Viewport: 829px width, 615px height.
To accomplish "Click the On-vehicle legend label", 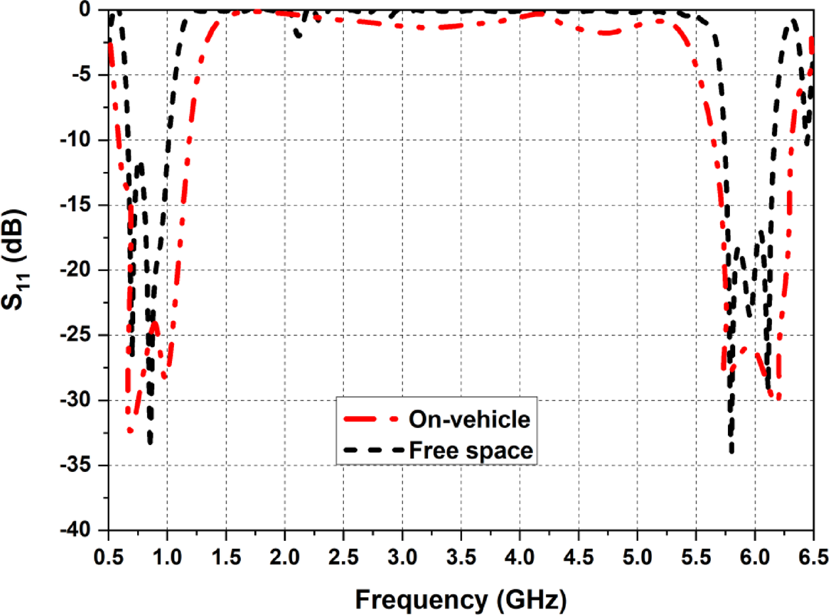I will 469,419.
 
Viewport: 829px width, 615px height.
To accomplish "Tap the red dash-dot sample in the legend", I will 370,419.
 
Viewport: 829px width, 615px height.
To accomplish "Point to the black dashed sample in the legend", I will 370,450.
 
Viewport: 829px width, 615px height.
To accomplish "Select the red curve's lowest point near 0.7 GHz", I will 130,431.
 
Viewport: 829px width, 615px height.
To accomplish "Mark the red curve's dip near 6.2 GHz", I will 778,398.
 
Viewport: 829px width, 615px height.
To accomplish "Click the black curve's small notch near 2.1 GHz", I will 299,35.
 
